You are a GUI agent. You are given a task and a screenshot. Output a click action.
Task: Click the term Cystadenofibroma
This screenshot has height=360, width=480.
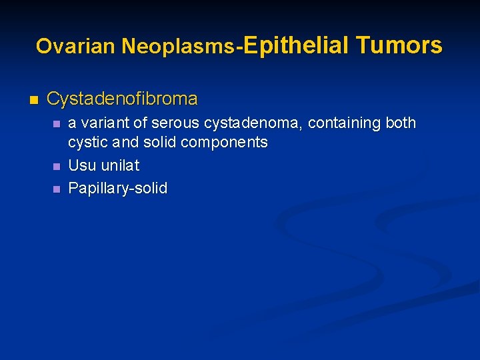(122, 99)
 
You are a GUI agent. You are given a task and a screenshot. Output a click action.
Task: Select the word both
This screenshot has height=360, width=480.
(401, 123)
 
